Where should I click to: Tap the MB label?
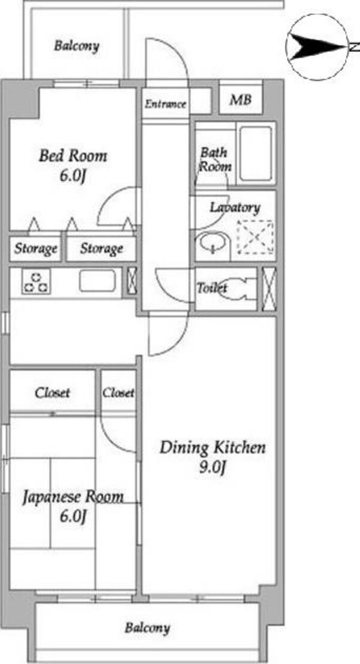pos(241,100)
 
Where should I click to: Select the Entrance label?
pos(165,104)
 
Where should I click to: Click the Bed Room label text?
pos(73,157)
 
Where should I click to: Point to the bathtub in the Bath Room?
pos(256,154)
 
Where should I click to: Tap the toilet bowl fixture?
pos(242,289)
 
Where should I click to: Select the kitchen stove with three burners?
pos(35,282)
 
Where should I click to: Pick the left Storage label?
pos(36,248)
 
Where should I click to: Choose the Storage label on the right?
pos(101,248)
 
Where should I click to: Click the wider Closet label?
pos(52,393)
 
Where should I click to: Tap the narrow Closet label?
pos(118,393)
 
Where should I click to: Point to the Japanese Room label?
pos(73,497)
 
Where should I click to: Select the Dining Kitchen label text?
pos(212,448)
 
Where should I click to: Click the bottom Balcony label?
pos(147,628)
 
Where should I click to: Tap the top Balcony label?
pos(76,46)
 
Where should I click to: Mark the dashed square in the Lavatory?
pos(254,238)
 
